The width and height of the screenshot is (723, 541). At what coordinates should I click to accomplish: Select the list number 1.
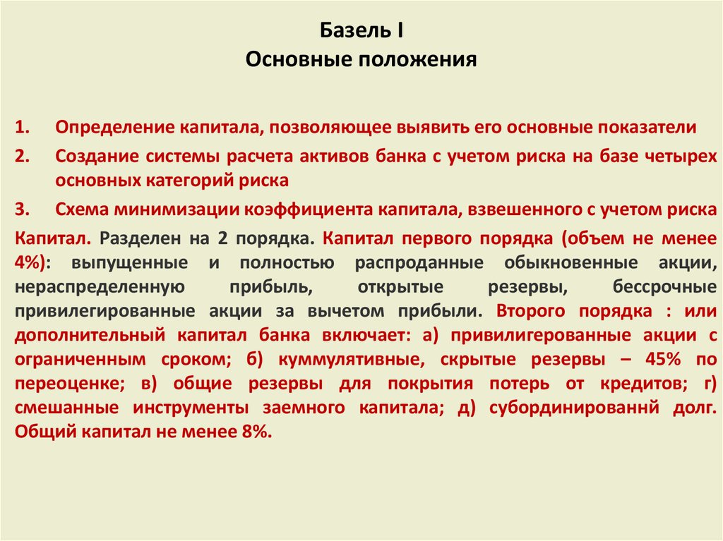point(22,127)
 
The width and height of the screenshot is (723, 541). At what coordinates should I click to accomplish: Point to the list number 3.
point(22,209)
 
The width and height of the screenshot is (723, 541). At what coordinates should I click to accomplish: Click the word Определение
point(115,128)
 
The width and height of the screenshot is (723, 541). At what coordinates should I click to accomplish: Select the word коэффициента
point(308,209)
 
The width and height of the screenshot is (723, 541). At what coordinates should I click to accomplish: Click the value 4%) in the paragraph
point(30,262)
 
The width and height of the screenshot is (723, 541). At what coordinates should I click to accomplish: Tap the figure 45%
point(662,359)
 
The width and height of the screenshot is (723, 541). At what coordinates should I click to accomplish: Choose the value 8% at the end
point(254,432)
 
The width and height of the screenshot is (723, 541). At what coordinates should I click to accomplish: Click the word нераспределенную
point(100,287)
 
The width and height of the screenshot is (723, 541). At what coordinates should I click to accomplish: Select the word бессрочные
point(664,287)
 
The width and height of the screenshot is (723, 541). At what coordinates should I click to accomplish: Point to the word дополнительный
point(90,335)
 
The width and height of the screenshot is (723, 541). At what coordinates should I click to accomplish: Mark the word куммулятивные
point(352,360)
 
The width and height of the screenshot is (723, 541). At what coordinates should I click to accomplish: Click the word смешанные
point(66,408)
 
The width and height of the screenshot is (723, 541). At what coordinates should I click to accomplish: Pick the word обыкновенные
point(570,262)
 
